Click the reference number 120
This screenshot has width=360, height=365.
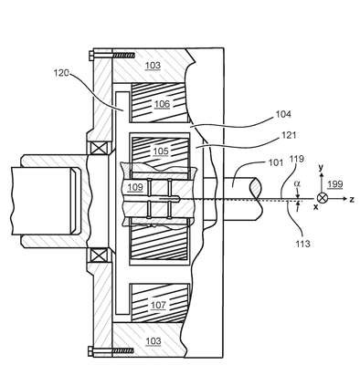[61, 73]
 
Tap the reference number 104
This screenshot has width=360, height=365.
[283, 114]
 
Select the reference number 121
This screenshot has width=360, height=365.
[288, 135]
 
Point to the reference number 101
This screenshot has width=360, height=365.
[276, 162]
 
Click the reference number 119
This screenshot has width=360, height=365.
[297, 159]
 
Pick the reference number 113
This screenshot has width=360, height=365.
[302, 244]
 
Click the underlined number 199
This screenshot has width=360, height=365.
[335, 184]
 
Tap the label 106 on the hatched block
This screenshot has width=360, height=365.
[162, 104]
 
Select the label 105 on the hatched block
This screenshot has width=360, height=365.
[161, 151]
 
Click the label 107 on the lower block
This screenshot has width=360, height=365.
[158, 305]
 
